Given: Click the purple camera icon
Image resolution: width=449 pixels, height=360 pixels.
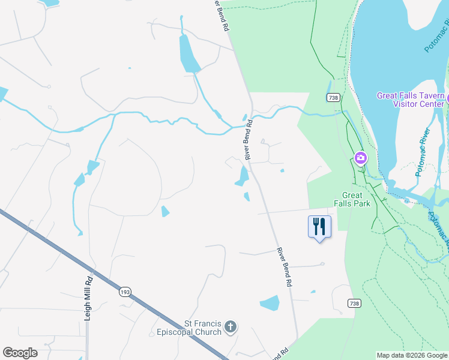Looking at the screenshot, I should click(361, 158).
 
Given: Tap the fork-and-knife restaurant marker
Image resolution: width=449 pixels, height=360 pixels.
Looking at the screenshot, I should click(319, 227).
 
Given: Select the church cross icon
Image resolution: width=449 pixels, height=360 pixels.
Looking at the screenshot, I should click(231, 327).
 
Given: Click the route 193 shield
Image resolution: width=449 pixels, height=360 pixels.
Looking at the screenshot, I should click(125, 292).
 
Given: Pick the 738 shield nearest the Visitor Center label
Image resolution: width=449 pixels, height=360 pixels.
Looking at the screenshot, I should click(334, 98).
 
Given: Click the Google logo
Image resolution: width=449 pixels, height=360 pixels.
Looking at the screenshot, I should click(20, 353).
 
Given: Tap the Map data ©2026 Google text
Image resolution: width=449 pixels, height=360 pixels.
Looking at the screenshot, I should click(412, 355).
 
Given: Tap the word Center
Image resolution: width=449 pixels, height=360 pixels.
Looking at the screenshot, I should click(433, 104).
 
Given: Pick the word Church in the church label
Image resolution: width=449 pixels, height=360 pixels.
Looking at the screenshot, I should click(209, 332).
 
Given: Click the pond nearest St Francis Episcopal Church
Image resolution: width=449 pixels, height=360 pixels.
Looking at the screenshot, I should click(270, 303).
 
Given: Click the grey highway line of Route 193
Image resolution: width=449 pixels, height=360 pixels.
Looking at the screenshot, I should click(72, 255).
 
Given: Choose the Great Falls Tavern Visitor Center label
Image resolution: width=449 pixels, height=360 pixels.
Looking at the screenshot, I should click(411, 100).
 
